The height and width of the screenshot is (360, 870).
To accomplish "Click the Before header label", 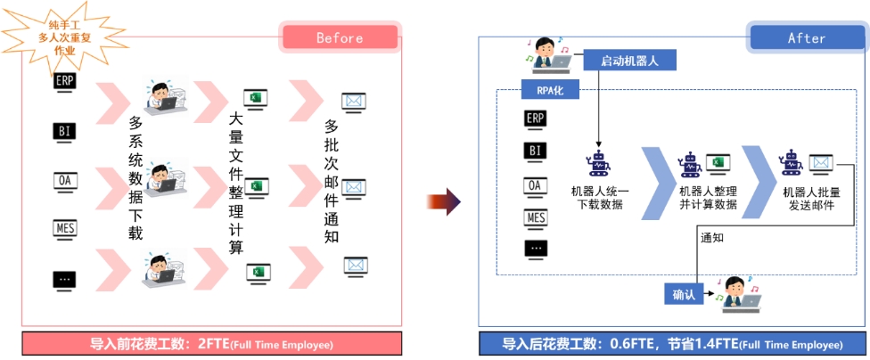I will pos(340,37).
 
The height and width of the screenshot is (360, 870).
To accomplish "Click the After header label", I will pos(806,38).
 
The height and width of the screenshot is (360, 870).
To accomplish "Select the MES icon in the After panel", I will pos(536,218).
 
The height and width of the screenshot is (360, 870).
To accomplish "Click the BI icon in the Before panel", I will pos(64,133).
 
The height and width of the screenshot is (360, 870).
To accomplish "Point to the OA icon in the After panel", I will pos(536,185).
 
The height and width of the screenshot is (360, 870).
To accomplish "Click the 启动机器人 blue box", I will pos(629,61).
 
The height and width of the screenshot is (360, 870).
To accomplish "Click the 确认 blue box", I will pos(684,293).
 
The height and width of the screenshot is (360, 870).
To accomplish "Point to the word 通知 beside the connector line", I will pos(712,238).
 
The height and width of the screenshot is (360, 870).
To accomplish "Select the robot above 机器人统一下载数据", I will pos(597,165).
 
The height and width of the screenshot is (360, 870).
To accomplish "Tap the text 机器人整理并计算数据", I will pos(708,198).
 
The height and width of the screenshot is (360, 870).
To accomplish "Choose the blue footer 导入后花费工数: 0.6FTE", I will pos(672,344).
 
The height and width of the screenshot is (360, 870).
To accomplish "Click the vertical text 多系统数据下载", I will pos(135,178).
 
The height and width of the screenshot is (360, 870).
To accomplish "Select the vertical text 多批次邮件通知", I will pos(331,182).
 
